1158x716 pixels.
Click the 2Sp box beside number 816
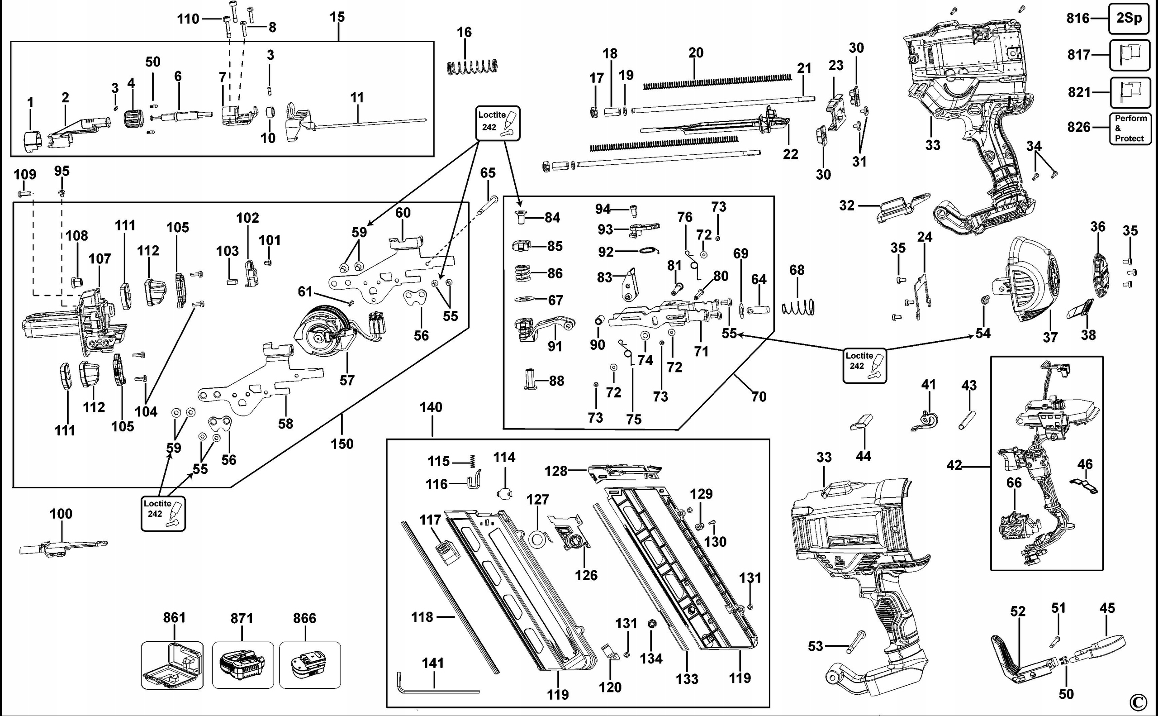(x=1129, y=18)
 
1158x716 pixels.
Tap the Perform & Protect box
(x=1130, y=129)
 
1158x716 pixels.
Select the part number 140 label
(x=431, y=407)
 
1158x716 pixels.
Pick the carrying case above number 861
(x=172, y=665)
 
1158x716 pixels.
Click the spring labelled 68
(x=798, y=308)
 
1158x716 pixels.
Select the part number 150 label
(x=342, y=444)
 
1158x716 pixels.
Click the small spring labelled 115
(x=472, y=461)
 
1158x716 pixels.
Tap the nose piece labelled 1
(x=33, y=142)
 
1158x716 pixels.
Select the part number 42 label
(x=954, y=466)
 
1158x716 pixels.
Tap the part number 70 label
(x=759, y=396)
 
